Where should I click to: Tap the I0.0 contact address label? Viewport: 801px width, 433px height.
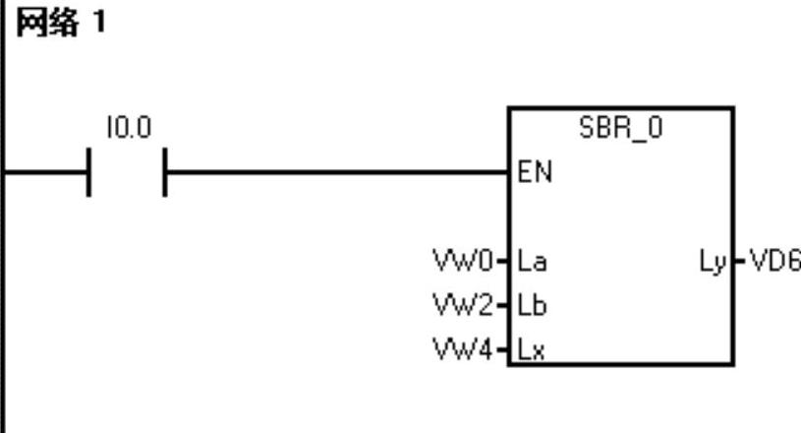point(128,128)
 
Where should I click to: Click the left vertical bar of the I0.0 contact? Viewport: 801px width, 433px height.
point(90,171)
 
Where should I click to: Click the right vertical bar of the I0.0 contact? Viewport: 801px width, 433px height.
point(164,171)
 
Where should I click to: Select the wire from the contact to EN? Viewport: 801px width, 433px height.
point(334,171)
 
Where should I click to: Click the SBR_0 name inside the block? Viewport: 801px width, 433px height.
point(619,128)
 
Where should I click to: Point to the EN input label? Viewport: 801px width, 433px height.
point(535,173)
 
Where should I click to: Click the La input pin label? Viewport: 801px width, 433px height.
point(532,263)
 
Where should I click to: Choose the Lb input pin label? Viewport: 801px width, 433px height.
point(532,305)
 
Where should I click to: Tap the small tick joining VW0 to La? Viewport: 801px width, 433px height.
point(503,263)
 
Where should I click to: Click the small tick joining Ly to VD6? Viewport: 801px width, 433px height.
point(738,263)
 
